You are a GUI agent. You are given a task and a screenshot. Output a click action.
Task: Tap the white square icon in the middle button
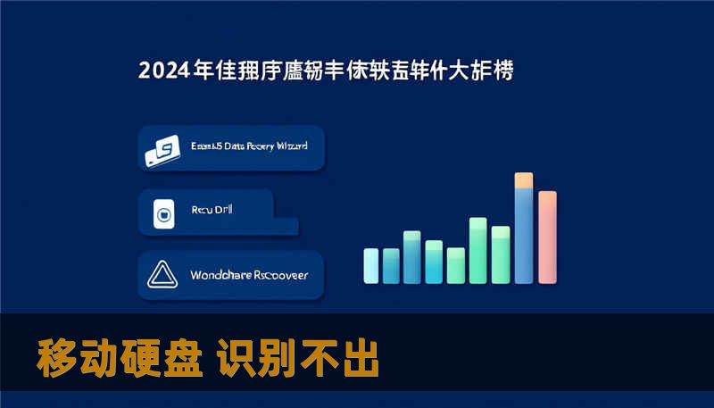pyautogui.click(x=162, y=213)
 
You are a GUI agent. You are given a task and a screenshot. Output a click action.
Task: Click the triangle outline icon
pyautogui.click(x=162, y=275)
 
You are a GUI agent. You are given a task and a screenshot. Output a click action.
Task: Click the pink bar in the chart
pyautogui.click(x=547, y=237)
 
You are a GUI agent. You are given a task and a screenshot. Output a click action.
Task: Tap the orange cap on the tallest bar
pyautogui.click(x=524, y=179)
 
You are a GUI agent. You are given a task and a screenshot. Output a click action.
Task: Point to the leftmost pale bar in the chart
pyautogui.click(x=371, y=264)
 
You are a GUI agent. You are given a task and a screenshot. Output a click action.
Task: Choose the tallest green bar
pyautogui.click(x=477, y=249)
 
